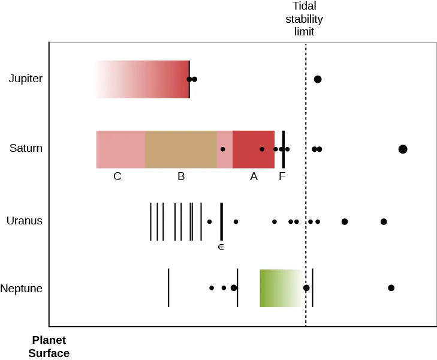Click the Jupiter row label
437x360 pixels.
(x=26, y=79)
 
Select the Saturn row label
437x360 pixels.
(x=26, y=148)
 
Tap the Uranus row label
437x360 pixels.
(x=25, y=221)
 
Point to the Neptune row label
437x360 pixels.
(x=22, y=289)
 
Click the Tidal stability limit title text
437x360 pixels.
(x=304, y=19)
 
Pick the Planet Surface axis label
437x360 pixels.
(x=49, y=347)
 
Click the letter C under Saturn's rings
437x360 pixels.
(x=117, y=176)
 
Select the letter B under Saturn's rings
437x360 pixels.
(x=181, y=176)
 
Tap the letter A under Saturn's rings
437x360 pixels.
(x=254, y=176)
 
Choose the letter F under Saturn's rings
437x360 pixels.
(x=282, y=176)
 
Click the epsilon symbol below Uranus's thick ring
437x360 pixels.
(x=221, y=247)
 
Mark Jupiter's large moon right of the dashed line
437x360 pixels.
(x=318, y=79)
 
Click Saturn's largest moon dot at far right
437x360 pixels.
(x=403, y=149)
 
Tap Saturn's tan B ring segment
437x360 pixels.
(x=181, y=149)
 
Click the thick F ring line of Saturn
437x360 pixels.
(x=284, y=149)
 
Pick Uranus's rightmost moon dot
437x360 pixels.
(x=384, y=222)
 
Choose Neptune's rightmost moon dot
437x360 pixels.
(x=391, y=288)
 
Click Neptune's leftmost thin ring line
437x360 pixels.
(x=168, y=288)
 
